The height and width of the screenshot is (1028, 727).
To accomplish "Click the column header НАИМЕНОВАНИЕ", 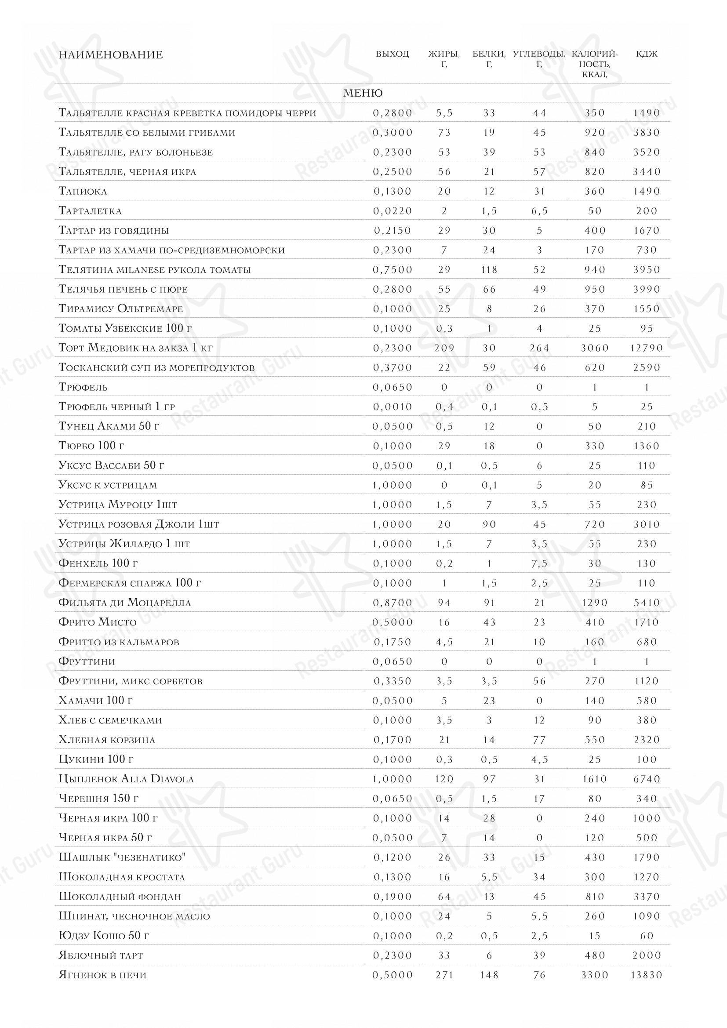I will [x=111, y=55].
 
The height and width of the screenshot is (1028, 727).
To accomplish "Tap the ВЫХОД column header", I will [x=392, y=54].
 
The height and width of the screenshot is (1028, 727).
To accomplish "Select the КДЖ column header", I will [x=647, y=54].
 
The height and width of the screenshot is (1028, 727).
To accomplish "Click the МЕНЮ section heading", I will [x=363, y=93].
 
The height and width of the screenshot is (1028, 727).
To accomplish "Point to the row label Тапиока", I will [x=83, y=191].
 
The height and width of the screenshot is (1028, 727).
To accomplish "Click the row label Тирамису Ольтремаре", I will [x=120, y=309].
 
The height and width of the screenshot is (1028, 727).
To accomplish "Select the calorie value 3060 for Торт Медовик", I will [x=595, y=348].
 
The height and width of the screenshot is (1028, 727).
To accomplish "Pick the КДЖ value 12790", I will [x=647, y=348].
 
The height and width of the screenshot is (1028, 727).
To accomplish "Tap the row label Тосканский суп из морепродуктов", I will [x=156, y=367].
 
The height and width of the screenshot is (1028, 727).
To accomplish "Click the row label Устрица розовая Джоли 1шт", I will [x=138, y=524].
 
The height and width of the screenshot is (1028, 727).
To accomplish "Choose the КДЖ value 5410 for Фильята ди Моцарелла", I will [x=647, y=603].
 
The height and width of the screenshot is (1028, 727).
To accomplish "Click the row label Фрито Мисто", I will [x=97, y=622].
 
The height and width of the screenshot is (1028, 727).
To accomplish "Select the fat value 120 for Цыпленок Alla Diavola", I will [x=444, y=779].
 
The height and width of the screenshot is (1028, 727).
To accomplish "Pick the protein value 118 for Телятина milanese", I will [x=489, y=269].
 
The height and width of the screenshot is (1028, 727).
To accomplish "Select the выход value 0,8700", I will [x=392, y=603].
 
